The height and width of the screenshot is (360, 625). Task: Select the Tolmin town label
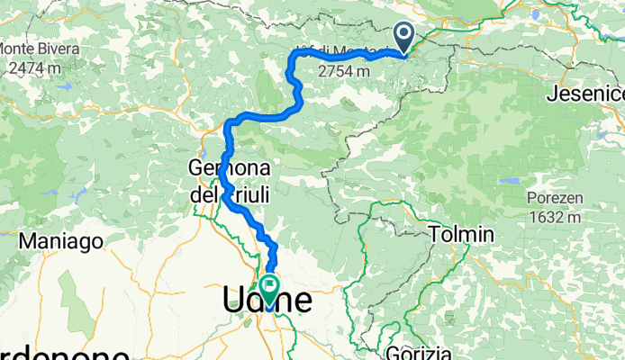click(x=462, y=235)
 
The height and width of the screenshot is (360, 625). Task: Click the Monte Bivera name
click(x=41, y=47)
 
